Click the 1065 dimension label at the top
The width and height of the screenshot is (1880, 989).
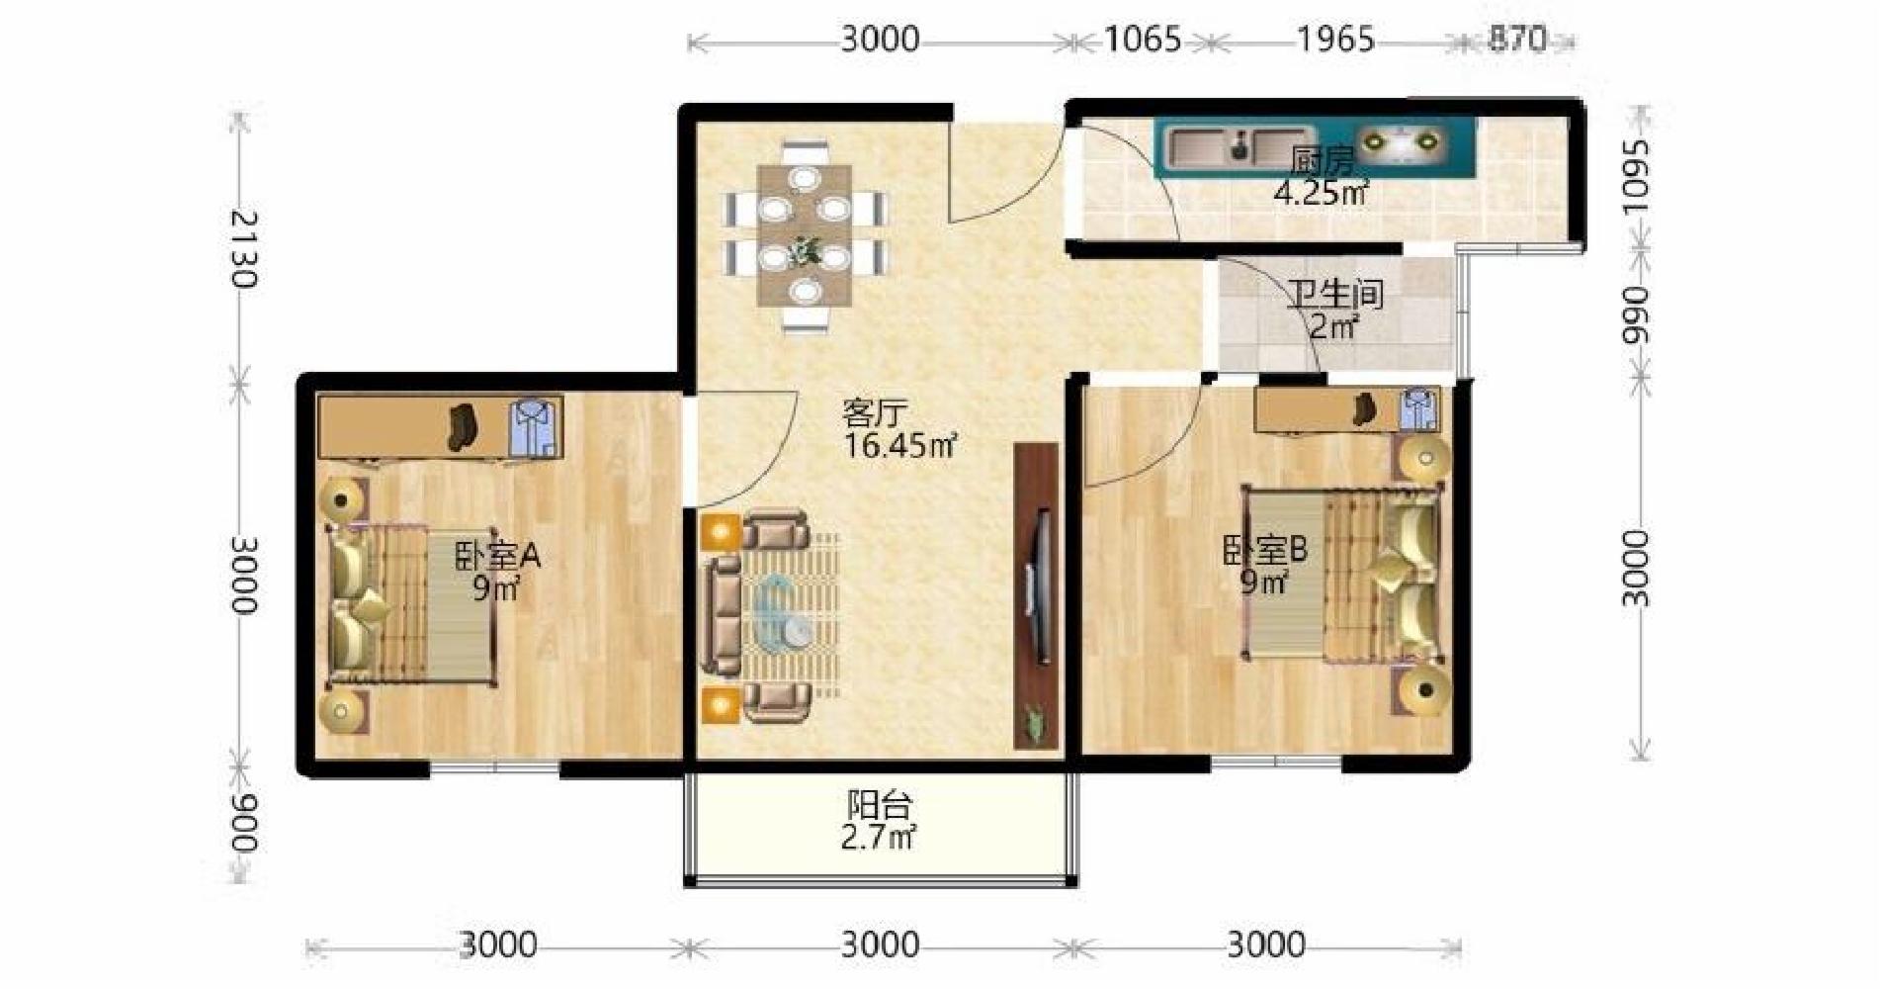coord(1142,40)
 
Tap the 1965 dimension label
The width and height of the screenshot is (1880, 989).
coord(1335,40)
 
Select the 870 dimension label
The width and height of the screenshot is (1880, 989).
coord(1517,40)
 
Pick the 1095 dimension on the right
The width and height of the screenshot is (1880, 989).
coord(1636,175)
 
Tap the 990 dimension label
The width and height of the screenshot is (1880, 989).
coord(1636,315)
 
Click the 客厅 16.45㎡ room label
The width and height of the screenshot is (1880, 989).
coord(898,429)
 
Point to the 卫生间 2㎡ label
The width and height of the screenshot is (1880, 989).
coord(1334,310)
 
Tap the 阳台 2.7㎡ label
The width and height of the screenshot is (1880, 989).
coord(879,821)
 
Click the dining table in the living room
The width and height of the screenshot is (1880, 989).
coord(806,235)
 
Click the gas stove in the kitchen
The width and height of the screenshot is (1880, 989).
coord(1401,143)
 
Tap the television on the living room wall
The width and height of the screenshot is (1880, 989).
coord(1036,585)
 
